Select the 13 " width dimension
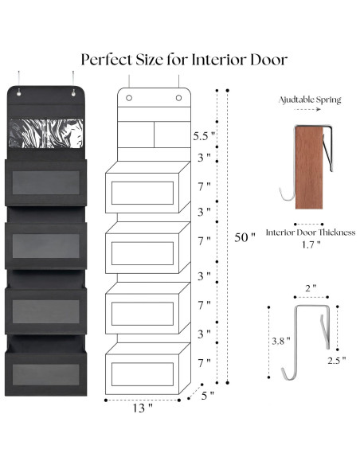click(x=143, y=408)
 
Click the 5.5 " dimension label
click(x=203, y=136)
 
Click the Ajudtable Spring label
click(x=310, y=100)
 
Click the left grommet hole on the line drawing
click(x=129, y=100)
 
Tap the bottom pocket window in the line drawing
click(x=143, y=374)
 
